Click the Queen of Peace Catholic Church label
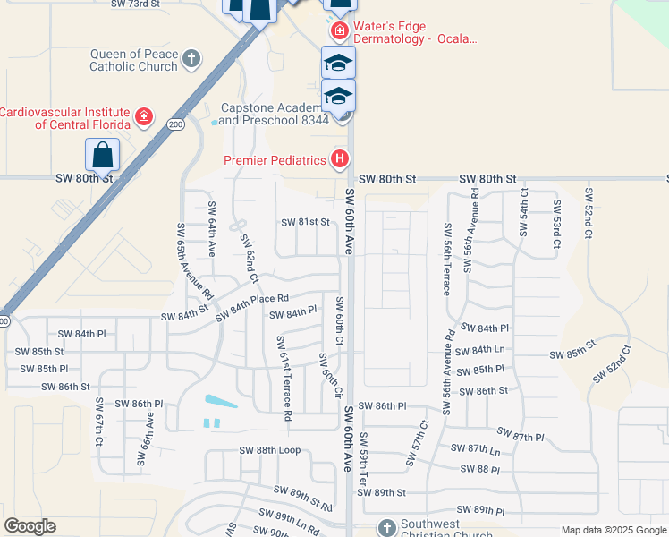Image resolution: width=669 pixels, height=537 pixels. pos(134,60)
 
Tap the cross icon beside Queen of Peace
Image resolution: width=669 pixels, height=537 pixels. pos(191,60)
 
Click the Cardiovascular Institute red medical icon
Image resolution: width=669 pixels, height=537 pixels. pos(143,117)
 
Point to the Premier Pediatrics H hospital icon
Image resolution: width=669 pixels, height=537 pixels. pos(339,160)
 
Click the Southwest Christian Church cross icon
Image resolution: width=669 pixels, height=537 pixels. pos(386,527)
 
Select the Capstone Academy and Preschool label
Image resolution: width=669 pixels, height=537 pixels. pos(274,114)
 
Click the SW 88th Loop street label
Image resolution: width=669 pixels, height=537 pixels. pos(269,450)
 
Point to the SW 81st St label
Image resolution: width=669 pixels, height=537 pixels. pos(306,222)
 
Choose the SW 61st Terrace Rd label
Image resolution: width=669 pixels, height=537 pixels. pos(284,378)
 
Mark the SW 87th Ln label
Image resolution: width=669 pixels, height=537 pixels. pos(475,448)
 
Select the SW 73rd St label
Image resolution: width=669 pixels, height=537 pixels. pos(135,4)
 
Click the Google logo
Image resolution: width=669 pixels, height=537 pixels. pos(30,526)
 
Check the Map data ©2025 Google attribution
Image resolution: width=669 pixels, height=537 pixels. pos(613,530)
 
